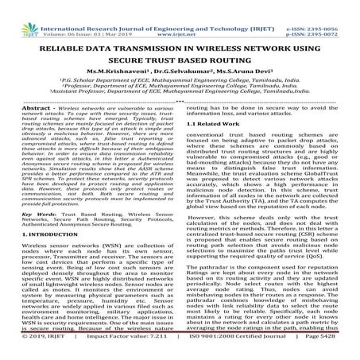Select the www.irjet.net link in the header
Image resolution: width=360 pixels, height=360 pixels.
180,14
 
